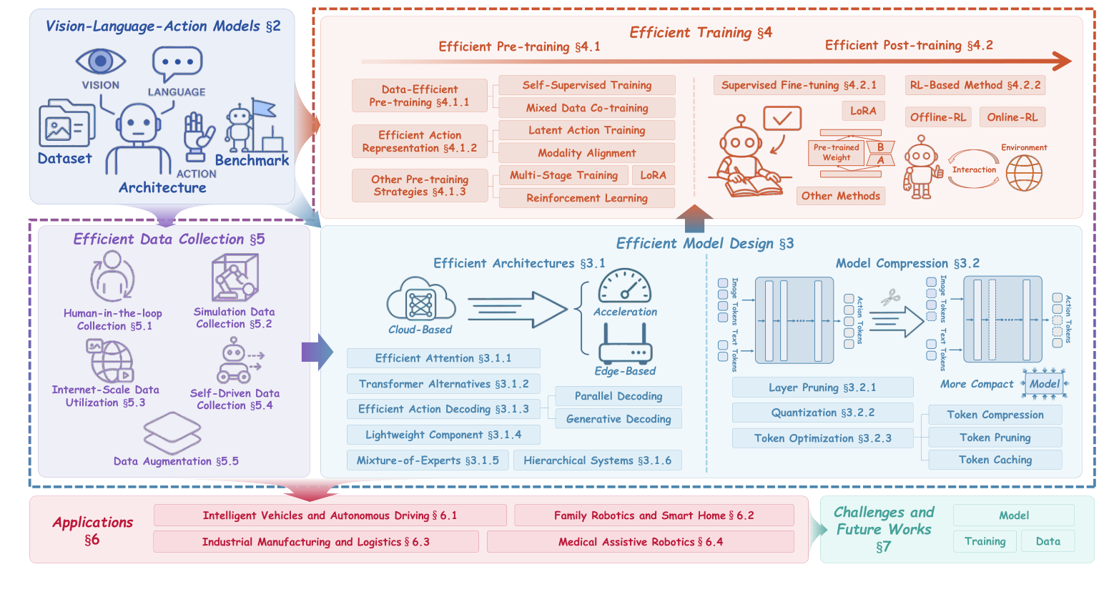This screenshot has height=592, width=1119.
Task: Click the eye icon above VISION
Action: click(x=101, y=61)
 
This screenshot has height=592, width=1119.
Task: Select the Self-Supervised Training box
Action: click(x=586, y=85)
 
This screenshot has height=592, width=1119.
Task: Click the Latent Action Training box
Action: click(x=586, y=130)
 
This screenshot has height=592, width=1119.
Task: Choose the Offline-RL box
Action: click(x=938, y=117)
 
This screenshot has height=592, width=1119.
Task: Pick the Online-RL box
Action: click(x=1012, y=117)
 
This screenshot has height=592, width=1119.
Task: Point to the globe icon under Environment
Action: click(x=1024, y=173)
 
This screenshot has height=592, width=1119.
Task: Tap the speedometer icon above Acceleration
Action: click(x=624, y=286)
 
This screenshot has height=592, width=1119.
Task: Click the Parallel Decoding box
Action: click(x=618, y=396)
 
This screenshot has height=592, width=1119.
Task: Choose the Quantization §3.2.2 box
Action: click(x=822, y=413)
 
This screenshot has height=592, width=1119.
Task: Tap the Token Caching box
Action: click(x=995, y=460)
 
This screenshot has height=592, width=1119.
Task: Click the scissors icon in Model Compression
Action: click(x=890, y=297)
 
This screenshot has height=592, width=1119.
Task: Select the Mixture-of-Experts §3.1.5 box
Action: click(x=428, y=460)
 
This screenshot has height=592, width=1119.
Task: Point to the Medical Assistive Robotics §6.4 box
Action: click(x=640, y=542)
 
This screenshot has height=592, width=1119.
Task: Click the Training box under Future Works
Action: click(x=985, y=541)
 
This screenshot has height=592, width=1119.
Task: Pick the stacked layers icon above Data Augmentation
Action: click(x=172, y=433)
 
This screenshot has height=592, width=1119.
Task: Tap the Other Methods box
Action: click(x=840, y=196)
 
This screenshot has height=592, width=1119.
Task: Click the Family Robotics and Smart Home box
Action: click(x=654, y=515)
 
